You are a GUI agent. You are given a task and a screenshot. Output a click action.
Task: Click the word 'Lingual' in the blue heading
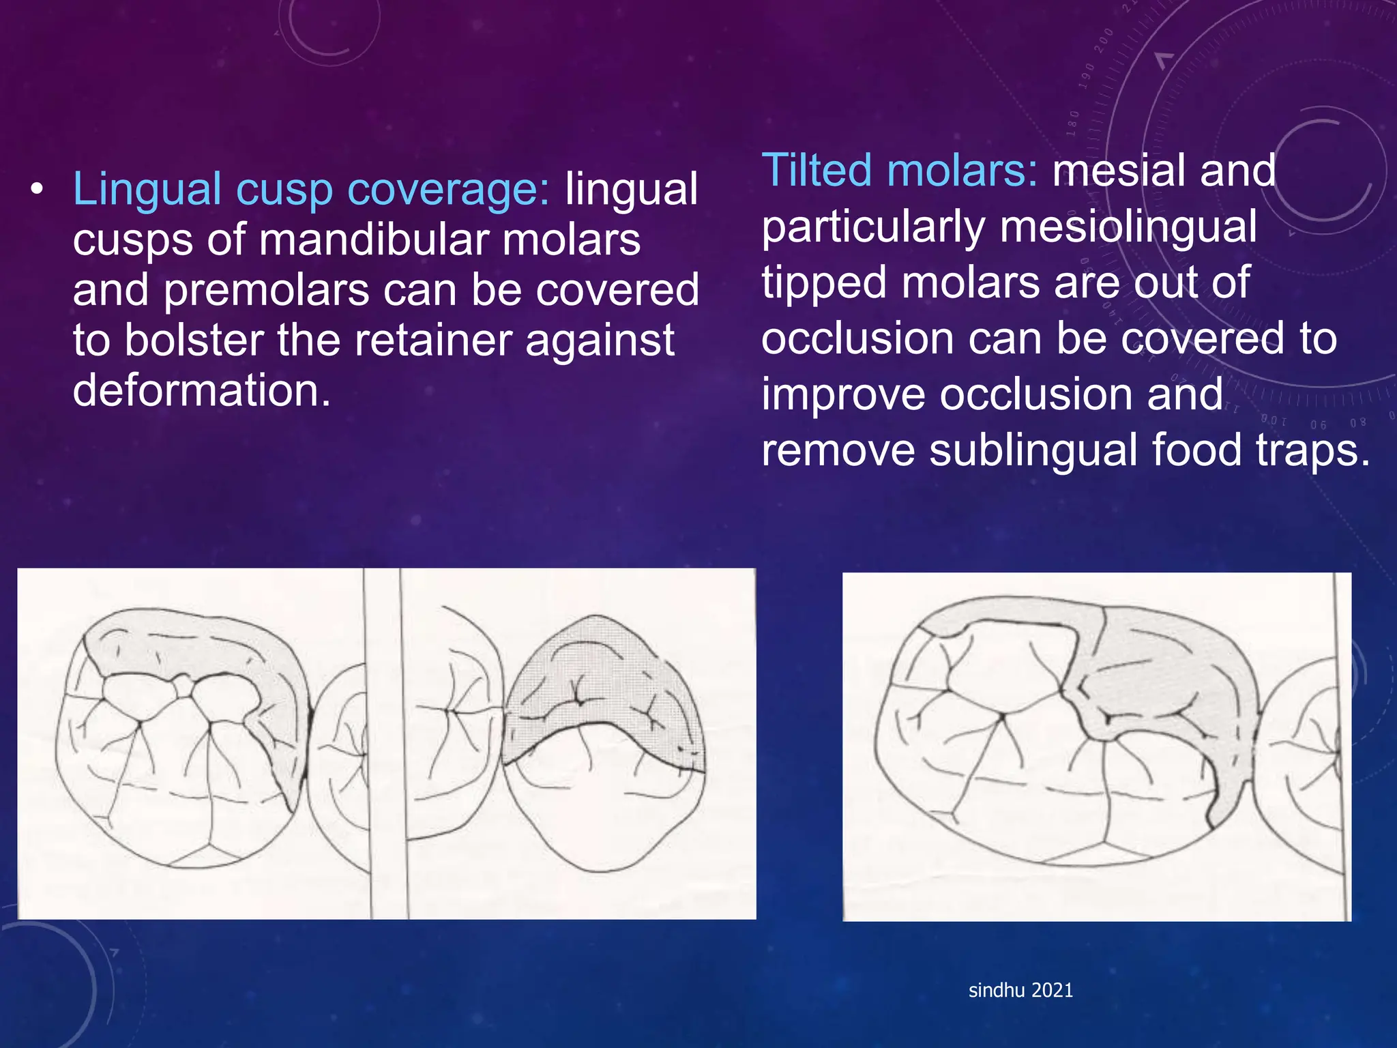[x=146, y=190]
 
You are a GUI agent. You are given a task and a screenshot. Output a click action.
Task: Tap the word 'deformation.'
[x=202, y=390]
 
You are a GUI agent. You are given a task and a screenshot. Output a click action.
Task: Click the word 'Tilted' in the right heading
[x=816, y=171]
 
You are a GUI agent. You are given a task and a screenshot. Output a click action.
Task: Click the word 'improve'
[x=843, y=394]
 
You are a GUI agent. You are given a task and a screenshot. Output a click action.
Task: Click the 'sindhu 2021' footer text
[x=1020, y=990]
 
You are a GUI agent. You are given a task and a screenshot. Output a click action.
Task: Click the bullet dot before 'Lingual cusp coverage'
[x=37, y=188]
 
